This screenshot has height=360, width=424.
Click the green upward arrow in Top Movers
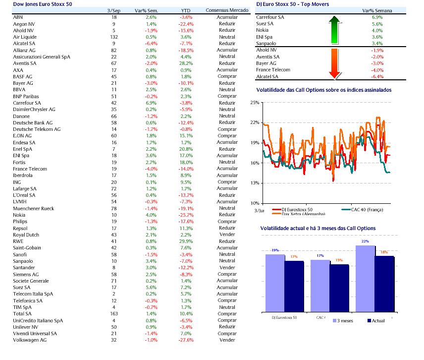(x=334, y=30)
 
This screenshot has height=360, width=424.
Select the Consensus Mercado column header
(x=227, y=10)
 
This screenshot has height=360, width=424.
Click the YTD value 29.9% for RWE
(x=186, y=241)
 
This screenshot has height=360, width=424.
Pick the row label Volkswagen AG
(x=30, y=340)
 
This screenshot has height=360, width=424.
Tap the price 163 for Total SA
(x=113, y=313)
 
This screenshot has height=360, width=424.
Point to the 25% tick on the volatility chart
(x=255, y=103)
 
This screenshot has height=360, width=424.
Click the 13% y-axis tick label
(x=255, y=183)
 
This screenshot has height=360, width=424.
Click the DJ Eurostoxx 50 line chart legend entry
(x=297, y=209)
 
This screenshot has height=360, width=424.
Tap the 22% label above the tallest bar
(x=366, y=241)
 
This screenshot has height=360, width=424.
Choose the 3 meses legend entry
(x=342, y=321)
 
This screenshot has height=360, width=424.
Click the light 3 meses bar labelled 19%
(x=275, y=283)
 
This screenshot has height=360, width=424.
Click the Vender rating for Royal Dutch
(x=227, y=235)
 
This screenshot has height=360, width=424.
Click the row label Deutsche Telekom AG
(x=36, y=129)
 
